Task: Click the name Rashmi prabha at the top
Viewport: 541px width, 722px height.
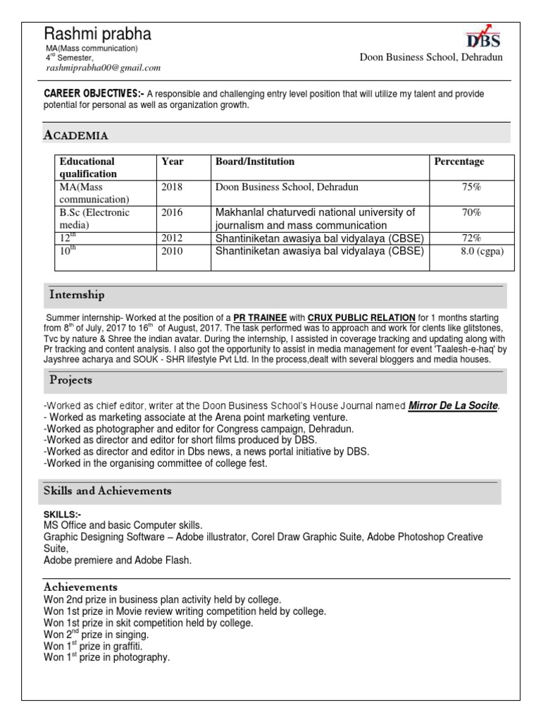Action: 97,34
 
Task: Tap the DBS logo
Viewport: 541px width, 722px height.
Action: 484,37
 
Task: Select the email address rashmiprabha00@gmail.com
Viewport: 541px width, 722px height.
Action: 103,68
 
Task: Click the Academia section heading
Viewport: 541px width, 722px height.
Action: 76,135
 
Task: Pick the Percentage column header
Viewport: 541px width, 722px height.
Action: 459,162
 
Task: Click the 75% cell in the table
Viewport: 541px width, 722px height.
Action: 471,188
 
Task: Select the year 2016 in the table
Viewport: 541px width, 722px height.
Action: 171,212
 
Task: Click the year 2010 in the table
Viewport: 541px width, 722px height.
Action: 171,251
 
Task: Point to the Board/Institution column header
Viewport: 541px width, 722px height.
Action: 254,162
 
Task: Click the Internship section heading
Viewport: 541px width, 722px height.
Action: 77,294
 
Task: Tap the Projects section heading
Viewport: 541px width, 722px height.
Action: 70,380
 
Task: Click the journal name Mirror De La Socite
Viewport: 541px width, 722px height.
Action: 453,406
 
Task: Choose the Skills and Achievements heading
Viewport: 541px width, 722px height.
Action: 108,491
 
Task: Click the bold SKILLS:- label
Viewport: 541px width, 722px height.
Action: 62,515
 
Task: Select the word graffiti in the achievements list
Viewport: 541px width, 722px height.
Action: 129,646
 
